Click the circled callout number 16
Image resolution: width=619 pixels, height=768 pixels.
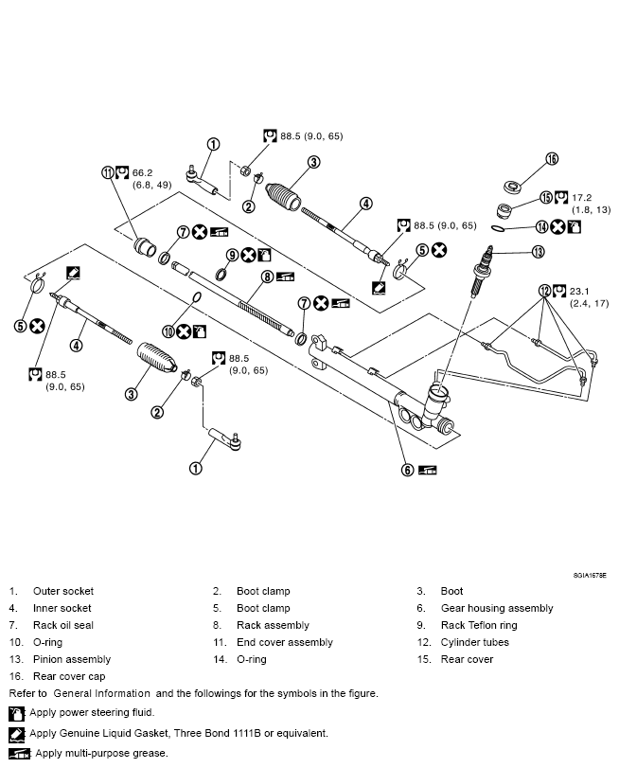pos(552,159)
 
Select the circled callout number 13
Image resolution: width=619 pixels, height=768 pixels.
pos(538,252)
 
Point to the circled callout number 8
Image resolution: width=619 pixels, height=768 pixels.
pos(268,277)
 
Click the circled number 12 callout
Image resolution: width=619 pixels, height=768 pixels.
pos(544,291)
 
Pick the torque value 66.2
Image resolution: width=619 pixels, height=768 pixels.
pos(142,173)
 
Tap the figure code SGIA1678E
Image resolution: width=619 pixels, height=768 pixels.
pos(589,574)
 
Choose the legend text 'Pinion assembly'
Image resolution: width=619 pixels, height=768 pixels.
pos(72,659)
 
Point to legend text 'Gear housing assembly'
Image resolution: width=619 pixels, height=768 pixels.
pos(497,608)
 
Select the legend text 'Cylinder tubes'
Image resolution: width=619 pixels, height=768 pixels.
pos(474,642)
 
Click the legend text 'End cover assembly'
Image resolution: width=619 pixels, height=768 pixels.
pos(285,642)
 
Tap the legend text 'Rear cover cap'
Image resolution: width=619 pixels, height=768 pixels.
pos(69,676)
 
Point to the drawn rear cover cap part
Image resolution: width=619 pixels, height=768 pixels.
pos(512,186)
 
